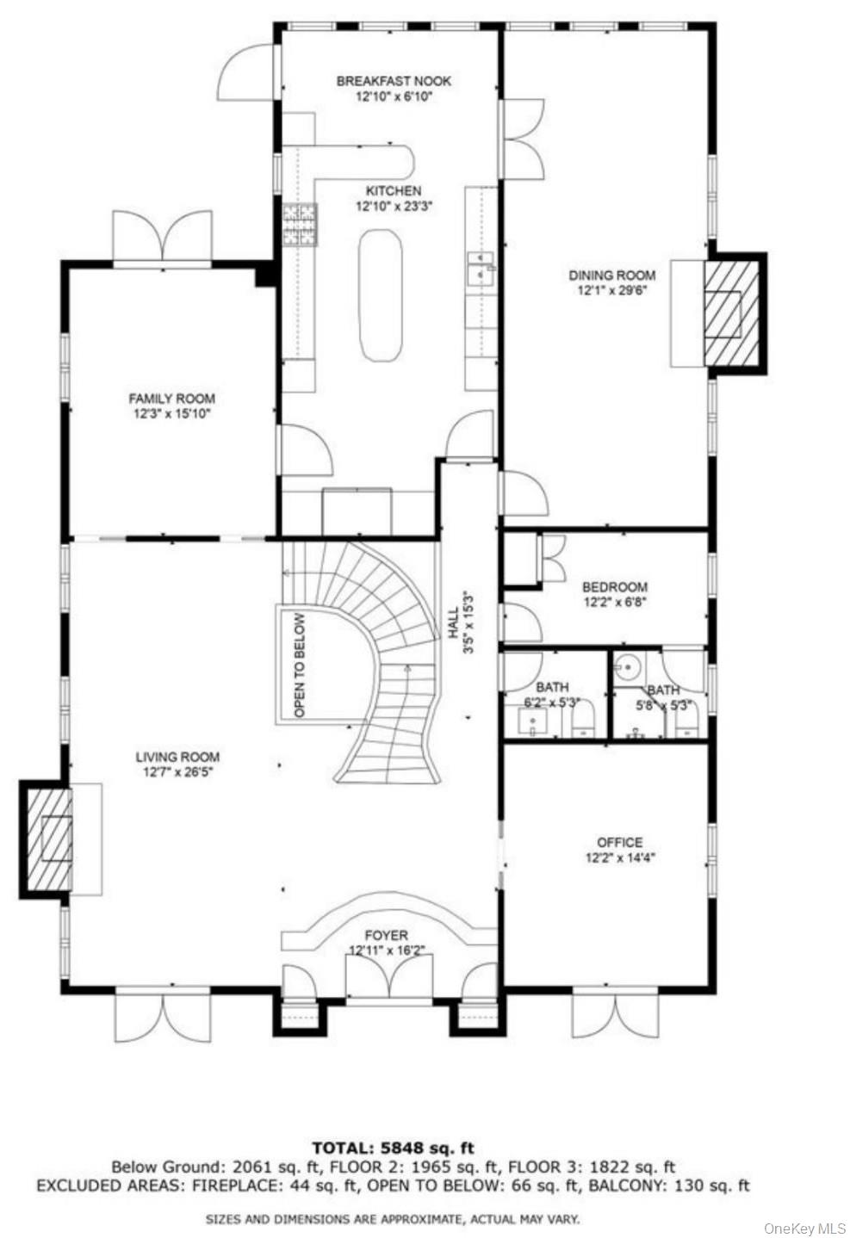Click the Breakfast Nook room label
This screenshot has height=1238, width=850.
click(394, 81)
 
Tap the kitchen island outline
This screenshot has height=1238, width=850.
click(379, 294)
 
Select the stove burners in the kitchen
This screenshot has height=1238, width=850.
click(300, 225)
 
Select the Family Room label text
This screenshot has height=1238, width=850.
click(171, 399)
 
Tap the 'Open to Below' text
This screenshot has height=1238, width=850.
click(300, 665)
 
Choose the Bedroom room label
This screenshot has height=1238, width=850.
click(614, 587)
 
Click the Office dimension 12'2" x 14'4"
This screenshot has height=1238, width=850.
click(619, 857)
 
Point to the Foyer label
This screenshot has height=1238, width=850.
click(386, 935)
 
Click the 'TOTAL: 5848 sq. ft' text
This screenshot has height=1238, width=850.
click(393, 1148)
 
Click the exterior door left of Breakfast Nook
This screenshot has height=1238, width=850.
click(248, 71)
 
